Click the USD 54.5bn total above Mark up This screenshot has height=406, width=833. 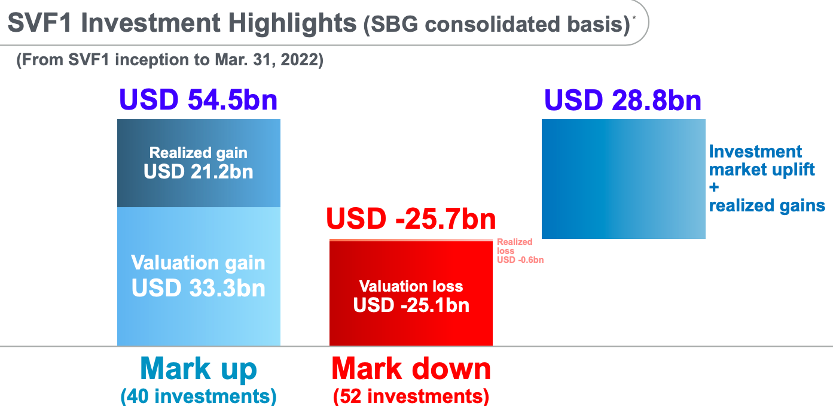tap(199, 99)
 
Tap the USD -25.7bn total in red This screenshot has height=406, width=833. tap(411, 219)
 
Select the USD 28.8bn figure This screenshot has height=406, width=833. tap(623, 100)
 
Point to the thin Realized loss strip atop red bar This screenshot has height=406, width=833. tap(411, 240)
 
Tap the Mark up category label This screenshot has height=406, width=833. tap(199, 369)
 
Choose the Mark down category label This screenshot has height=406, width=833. tap(411, 369)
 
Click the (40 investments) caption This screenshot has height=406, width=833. tap(199, 396)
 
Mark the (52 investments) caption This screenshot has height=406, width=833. tap(411, 396)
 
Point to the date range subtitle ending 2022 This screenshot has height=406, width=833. tap(170, 60)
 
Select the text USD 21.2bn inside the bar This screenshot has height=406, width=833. tap(199, 172)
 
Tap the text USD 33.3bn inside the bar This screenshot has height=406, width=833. tap(199, 288)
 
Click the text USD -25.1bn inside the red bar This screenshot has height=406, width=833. tap(411, 305)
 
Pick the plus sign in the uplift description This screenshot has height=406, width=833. tap(714, 187)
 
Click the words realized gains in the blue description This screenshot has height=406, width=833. tap(767, 205)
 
